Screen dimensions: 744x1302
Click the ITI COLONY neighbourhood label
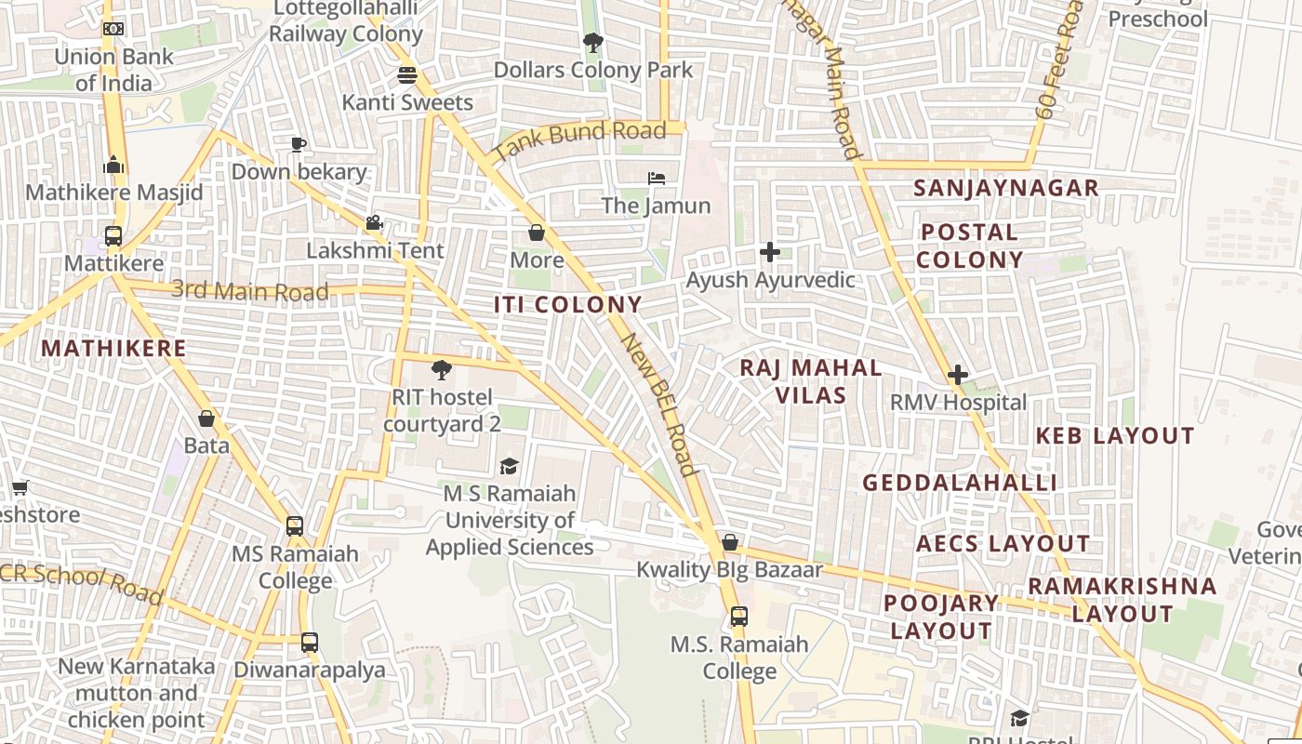coord(567,305)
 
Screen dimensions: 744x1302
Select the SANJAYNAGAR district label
coord(1006,188)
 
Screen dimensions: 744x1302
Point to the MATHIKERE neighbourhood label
coord(113,349)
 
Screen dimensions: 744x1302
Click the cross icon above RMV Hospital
coord(958,375)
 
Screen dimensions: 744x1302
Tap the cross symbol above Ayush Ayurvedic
coord(769,252)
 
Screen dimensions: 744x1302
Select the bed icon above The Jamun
coord(657,178)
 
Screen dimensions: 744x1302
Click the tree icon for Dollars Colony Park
coord(592,42)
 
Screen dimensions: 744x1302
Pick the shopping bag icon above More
coord(537,232)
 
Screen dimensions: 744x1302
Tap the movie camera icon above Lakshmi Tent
coord(375,223)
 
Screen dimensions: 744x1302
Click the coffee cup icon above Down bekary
coord(298,144)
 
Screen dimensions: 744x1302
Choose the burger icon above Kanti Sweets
coord(407,74)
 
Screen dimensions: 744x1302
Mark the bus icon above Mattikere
coord(113,236)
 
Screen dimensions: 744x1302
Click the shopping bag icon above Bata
coord(206,418)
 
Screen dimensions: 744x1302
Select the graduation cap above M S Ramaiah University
coord(509,466)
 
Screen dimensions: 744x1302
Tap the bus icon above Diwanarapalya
coord(309,643)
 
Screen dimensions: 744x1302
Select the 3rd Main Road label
coord(250,291)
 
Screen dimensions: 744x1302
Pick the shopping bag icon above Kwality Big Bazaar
coord(730,542)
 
